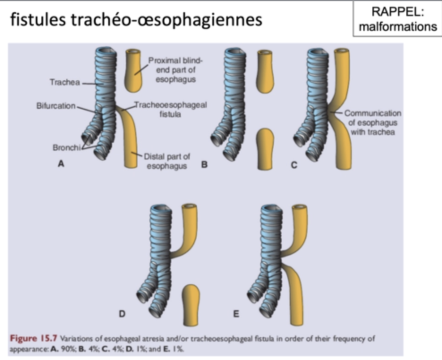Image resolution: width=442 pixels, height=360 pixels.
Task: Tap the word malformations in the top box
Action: click(397, 26)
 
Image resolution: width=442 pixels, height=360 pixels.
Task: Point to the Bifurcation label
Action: click(56, 106)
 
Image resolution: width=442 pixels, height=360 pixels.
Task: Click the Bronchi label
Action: click(65, 147)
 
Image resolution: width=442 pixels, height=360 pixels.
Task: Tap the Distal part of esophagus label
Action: click(166, 161)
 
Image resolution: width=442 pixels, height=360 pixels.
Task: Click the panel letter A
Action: click(61, 164)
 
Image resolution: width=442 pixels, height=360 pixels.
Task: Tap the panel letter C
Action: click(294, 165)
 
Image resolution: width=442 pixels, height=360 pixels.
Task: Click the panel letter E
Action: click(236, 314)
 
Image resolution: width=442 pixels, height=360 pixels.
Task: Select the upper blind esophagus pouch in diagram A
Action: click(133, 69)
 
